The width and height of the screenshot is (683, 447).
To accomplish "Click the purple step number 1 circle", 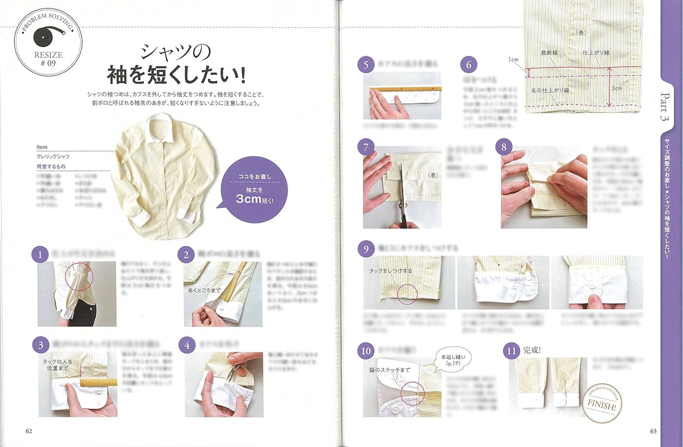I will coord(40,255).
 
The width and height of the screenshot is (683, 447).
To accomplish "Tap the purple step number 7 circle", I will coord(366,147).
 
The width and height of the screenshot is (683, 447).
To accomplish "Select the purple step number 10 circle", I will coord(366,351).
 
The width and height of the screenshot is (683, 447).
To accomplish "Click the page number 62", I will coord(29,431).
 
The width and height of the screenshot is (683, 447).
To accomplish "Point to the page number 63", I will coord(653,431).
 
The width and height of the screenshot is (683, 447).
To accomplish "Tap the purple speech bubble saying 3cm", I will coord(254,189).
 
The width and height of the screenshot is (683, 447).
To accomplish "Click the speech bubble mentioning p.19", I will coord(453,360).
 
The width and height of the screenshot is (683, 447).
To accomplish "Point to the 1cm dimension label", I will coord(513,60).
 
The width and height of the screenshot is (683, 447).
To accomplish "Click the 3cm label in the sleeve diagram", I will coord(616,88).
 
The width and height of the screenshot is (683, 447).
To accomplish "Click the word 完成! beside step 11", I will coord(532,350).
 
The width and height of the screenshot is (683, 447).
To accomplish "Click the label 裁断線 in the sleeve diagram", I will coord(549,52).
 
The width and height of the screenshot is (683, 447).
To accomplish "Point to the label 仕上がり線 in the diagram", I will coord(596,52).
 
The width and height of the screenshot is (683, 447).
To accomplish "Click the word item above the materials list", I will coord(42,147).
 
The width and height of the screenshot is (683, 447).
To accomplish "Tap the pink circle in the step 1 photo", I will coord(79,277).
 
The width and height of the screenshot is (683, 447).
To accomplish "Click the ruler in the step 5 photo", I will coord(405,89).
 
